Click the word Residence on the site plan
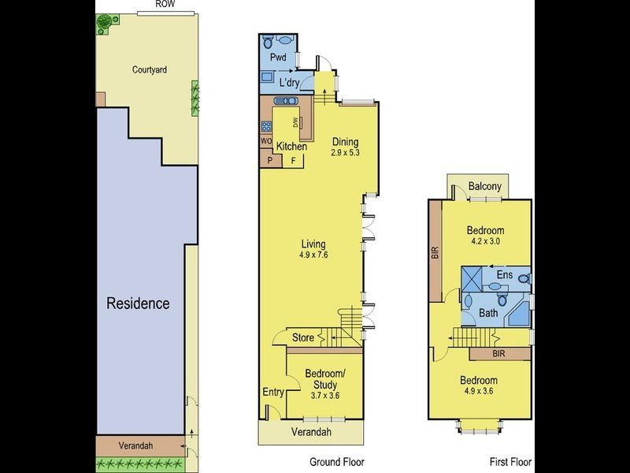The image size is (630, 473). (x=138, y=303)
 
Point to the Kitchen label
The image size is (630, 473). (x=291, y=147)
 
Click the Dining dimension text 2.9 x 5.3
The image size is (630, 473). (x=345, y=152)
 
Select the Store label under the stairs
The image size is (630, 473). (x=302, y=338)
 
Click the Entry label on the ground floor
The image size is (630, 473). (x=272, y=391)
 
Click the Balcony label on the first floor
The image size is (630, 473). (x=484, y=186)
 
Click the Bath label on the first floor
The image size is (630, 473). (x=488, y=312)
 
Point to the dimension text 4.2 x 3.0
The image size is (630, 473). (x=485, y=242)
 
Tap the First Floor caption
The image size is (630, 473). (x=509, y=462)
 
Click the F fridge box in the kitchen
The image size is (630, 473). (x=294, y=161)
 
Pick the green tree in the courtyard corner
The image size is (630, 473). (x=103, y=24)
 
